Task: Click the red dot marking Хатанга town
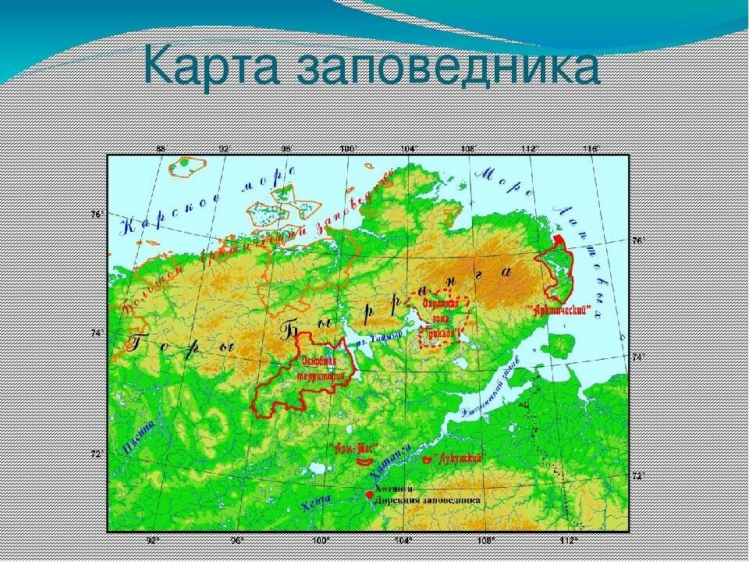point(369,495)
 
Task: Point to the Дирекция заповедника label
point(428,500)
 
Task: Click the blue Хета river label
point(314,503)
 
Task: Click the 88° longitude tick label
point(162,148)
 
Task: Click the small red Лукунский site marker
point(426,461)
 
